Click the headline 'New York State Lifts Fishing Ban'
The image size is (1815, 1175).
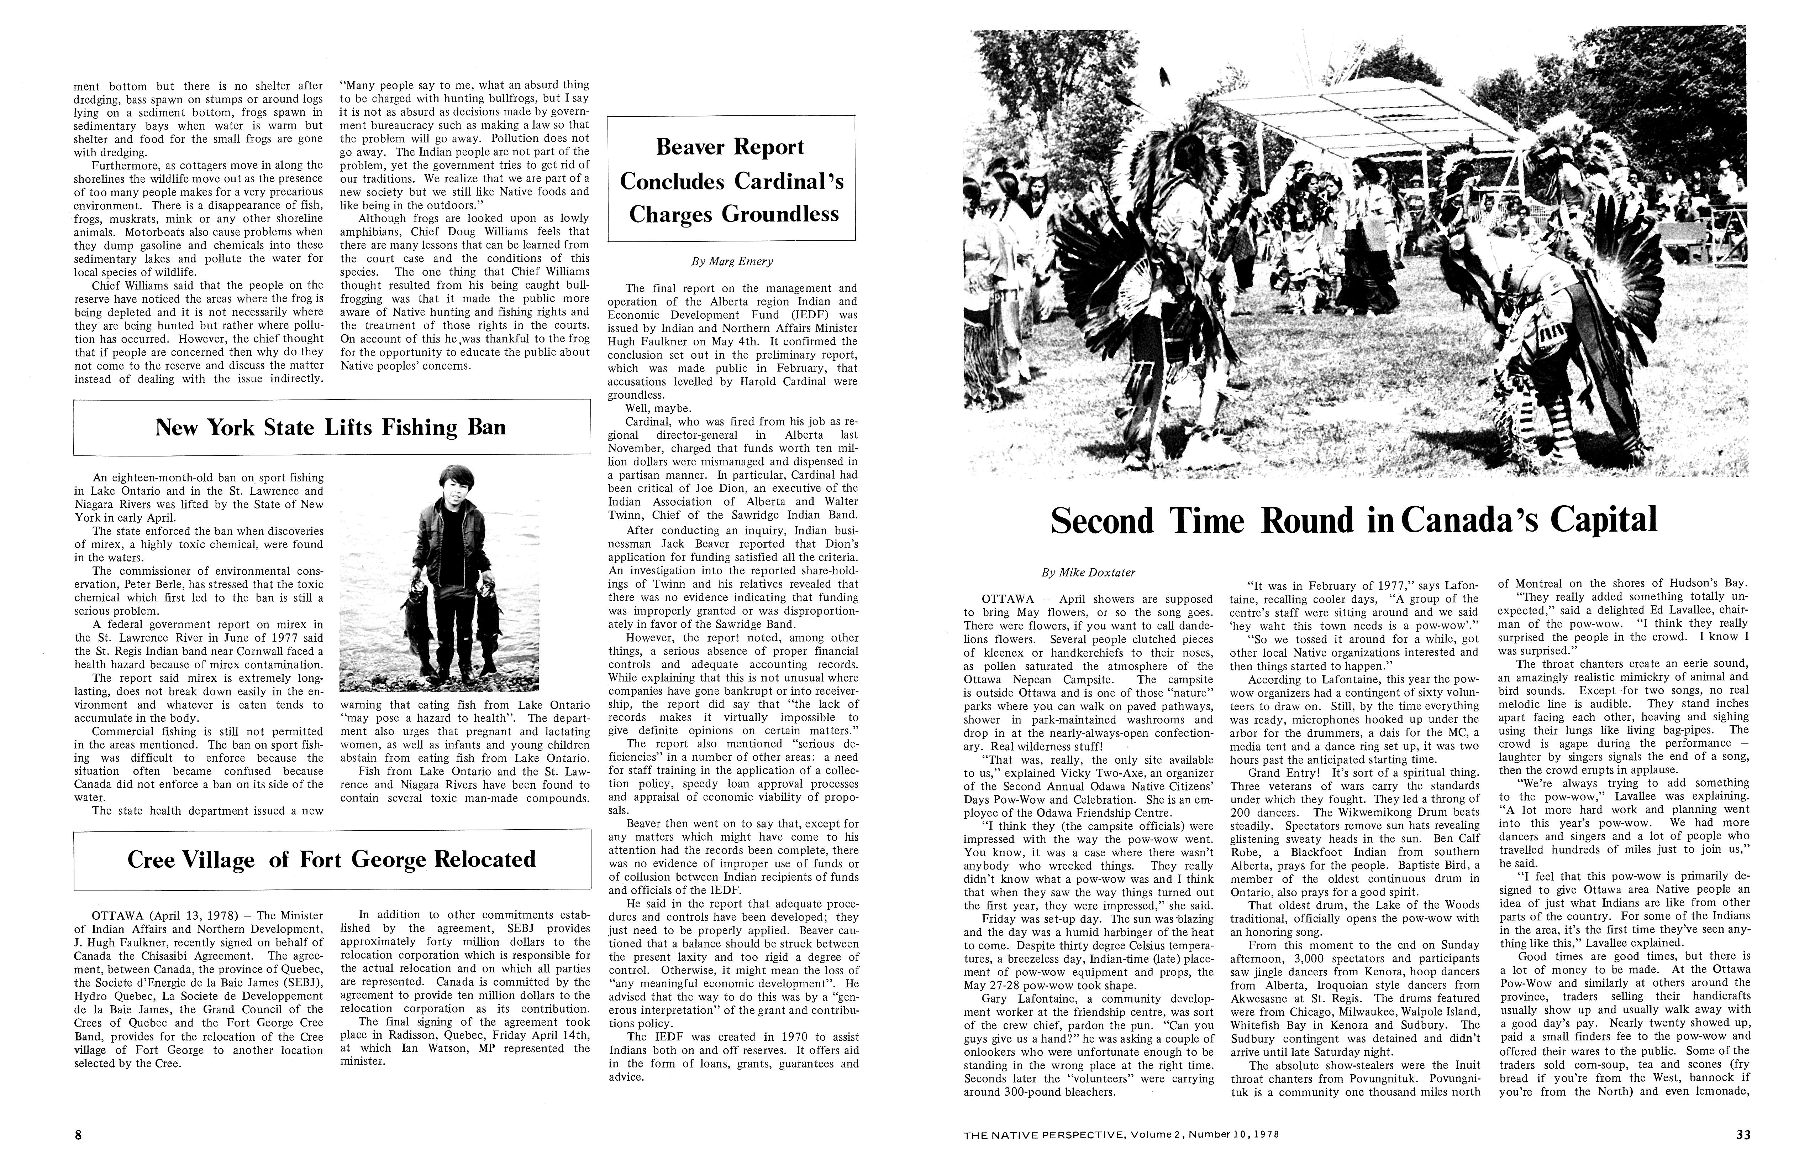330,427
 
